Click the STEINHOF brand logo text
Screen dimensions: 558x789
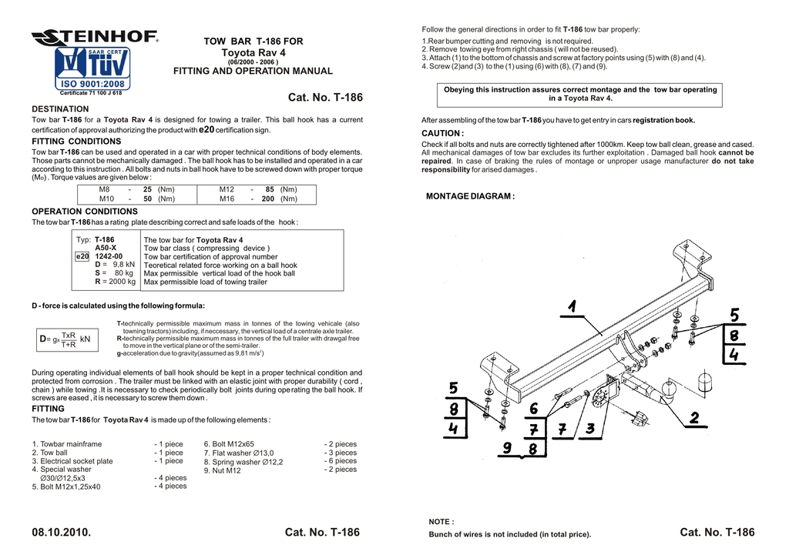(95, 37)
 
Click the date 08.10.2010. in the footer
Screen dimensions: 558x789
(61, 533)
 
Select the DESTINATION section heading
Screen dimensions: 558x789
(60, 109)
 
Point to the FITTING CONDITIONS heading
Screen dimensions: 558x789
(76, 142)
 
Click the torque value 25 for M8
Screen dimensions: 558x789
(146, 189)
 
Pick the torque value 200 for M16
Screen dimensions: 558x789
(268, 199)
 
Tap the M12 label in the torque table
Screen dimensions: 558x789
(227, 189)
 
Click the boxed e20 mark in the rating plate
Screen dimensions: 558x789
(82, 256)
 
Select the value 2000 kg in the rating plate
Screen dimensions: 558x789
(119, 282)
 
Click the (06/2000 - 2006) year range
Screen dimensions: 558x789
(253, 62)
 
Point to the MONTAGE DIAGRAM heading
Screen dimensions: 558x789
(470, 196)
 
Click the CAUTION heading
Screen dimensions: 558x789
(442, 133)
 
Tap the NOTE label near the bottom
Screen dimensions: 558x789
(441, 522)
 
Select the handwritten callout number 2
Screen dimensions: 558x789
(694, 417)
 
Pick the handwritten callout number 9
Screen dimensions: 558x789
(506, 447)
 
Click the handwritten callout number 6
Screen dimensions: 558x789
(533, 409)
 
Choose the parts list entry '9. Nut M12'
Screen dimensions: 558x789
(222, 470)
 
